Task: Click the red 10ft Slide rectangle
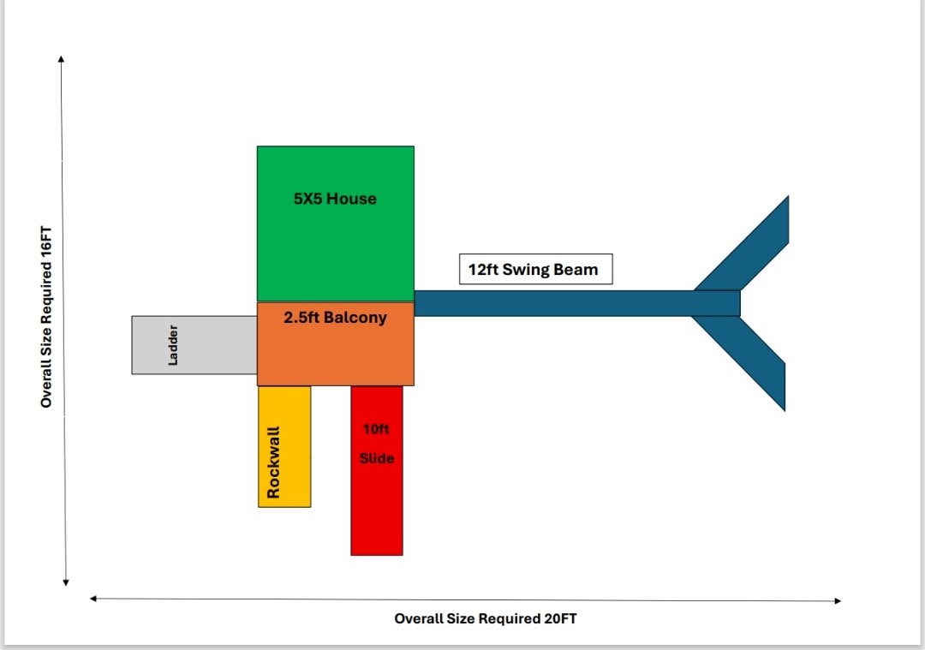click(x=376, y=505)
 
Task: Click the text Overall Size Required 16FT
click(x=46, y=317)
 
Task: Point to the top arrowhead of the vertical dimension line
click(x=62, y=59)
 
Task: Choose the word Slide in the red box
click(x=377, y=458)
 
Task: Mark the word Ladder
click(x=174, y=344)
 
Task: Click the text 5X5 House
click(x=335, y=199)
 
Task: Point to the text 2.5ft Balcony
click(x=335, y=318)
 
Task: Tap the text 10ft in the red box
click(x=377, y=428)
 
